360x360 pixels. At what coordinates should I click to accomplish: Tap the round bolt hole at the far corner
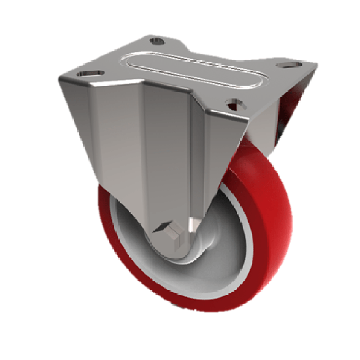click(157, 41)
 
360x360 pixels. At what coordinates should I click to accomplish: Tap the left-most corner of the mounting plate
click(59, 79)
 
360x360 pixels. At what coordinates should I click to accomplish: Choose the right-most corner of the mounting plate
click(316, 66)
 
